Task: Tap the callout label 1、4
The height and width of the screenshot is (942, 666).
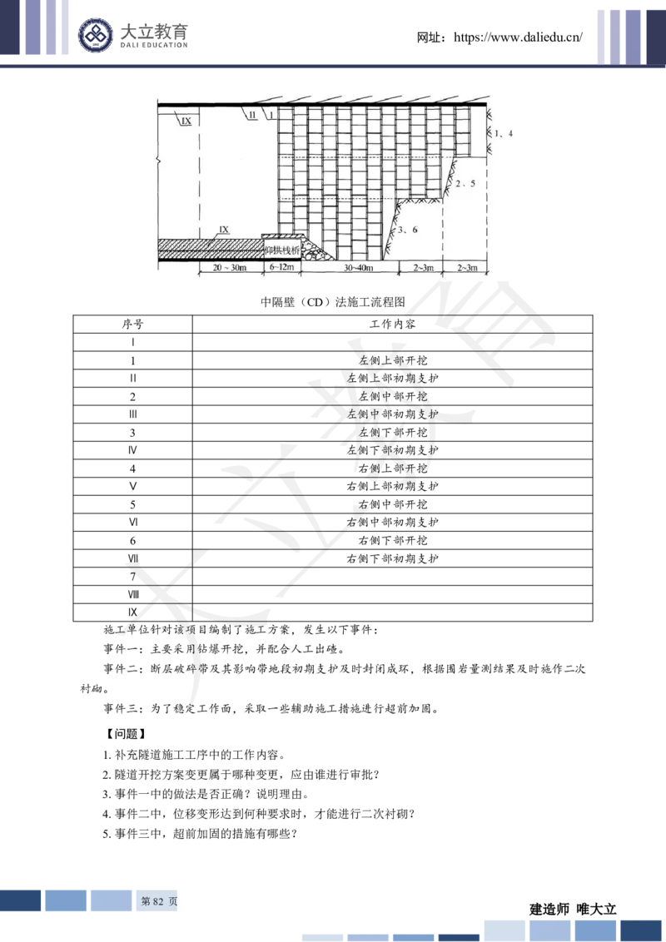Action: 504,133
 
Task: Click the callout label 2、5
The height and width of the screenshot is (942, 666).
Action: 464,184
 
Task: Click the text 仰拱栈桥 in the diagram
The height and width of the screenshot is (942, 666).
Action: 281,250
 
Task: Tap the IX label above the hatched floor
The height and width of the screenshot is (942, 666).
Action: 222,228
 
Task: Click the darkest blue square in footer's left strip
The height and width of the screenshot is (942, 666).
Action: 21,900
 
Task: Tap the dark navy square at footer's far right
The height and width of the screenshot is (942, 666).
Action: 642,930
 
